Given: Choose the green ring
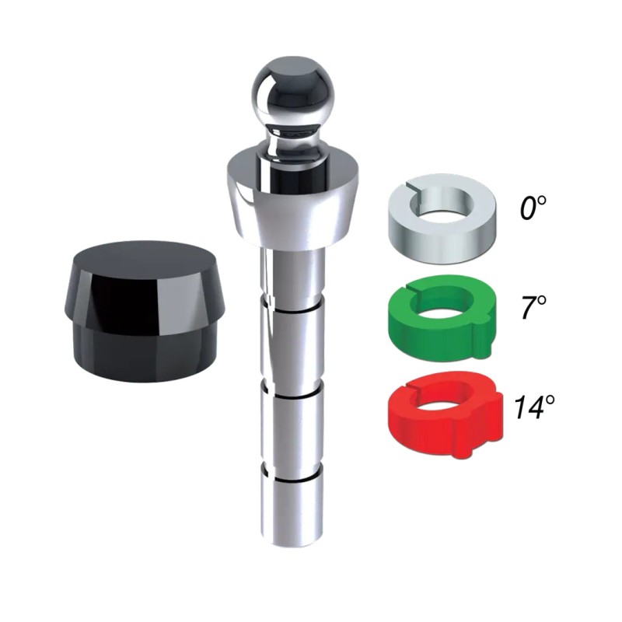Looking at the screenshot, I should pyautogui.click(x=440, y=323).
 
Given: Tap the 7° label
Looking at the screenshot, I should pyautogui.click(x=532, y=309).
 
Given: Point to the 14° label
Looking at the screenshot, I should pyautogui.click(x=532, y=406).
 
